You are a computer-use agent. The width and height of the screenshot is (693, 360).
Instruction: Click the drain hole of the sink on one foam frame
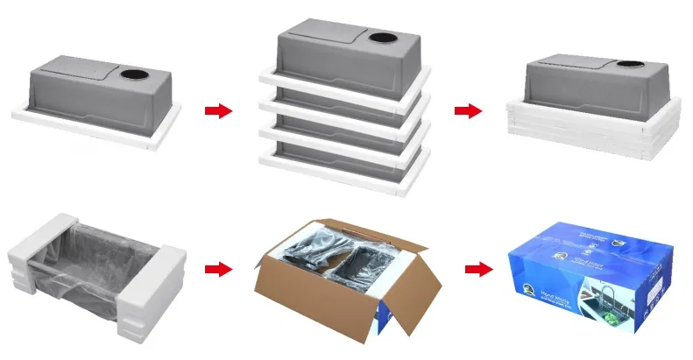coord(136,76)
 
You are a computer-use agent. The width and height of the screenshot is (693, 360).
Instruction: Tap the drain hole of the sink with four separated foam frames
coord(383,39)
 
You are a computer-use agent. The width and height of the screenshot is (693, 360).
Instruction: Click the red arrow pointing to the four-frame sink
coord(217,110)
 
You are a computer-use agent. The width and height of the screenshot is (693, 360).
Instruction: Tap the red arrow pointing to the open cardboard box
coord(217,268)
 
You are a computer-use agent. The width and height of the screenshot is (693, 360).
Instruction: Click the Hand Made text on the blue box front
coord(551,299)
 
